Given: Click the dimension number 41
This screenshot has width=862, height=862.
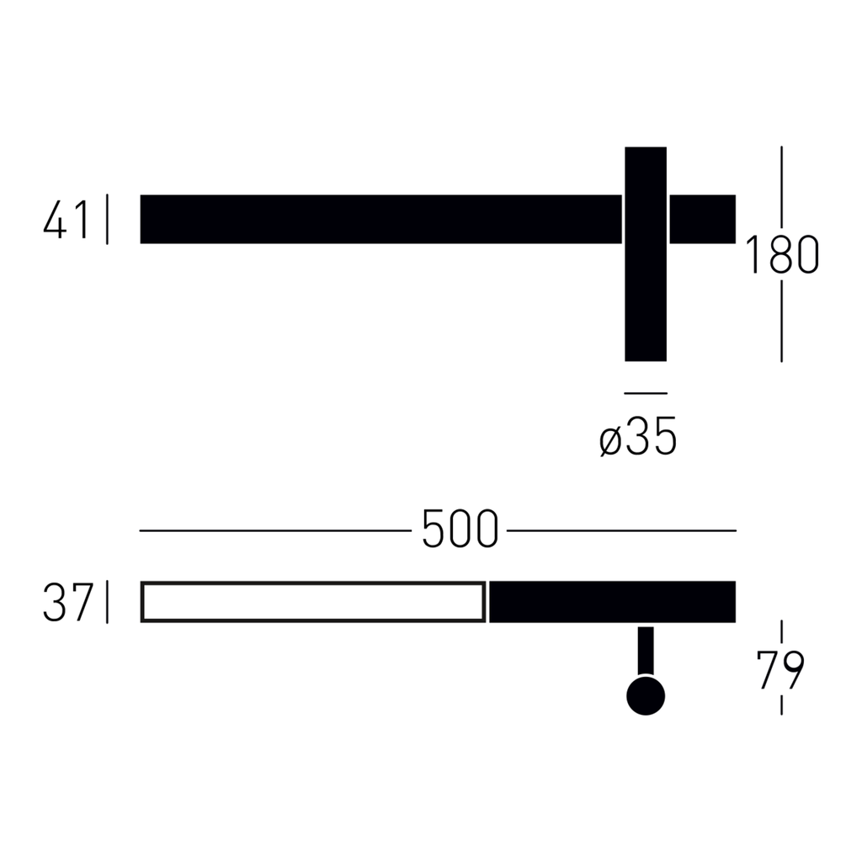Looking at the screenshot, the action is click(x=66, y=220).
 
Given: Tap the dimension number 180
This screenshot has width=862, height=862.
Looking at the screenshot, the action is click(x=781, y=254).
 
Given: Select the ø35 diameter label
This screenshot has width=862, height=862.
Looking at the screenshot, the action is click(x=638, y=436).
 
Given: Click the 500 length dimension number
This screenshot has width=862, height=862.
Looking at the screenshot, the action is click(x=460, y=529).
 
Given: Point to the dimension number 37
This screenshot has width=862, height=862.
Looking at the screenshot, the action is click(x=67, y=603).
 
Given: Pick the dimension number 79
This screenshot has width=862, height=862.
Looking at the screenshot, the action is click(x=780, y=669).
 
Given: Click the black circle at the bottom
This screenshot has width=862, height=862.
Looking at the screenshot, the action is click(x=646, y=696).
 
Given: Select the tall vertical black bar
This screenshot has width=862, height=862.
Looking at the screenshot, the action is click(x=646, y=254).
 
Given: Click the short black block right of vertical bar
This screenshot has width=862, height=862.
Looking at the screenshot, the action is click(x=703, y=219).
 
